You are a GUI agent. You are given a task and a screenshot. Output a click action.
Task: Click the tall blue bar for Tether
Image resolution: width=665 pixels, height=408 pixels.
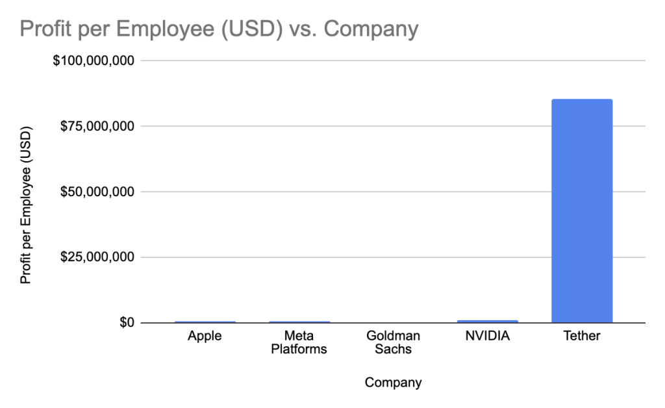coord(581,211)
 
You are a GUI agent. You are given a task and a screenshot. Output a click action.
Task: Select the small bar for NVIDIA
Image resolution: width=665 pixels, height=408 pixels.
coord(487,321)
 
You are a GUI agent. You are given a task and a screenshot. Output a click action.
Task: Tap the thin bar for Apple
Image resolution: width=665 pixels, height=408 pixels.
coord(205,322)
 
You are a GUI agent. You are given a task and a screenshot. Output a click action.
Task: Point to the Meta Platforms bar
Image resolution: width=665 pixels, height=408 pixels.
coord(299,322)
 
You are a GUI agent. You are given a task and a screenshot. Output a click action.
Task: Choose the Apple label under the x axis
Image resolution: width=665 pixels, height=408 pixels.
coord(205,337)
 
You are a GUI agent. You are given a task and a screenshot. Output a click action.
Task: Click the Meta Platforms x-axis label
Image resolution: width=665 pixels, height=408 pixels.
coord(299,342)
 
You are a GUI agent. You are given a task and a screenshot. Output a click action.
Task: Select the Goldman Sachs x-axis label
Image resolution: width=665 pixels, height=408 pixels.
coord(393,342)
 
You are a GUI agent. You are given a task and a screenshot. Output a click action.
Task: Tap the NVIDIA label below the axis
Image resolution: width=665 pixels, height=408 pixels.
coord(487,337)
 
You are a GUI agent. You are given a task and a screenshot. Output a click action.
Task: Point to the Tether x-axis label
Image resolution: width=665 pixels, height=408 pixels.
coord(582,337)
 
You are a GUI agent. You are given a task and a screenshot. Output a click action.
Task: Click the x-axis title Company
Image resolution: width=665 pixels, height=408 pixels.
coord(393,383)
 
